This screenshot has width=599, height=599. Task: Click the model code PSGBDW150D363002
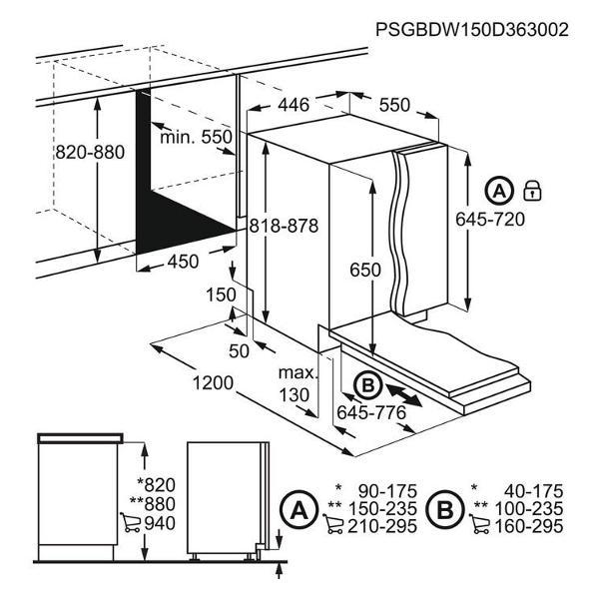[472, 29]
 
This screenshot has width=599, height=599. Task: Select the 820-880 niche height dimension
[90, 152]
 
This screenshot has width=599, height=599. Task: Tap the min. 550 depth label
[196, 137]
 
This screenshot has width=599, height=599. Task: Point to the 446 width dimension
[294, 105]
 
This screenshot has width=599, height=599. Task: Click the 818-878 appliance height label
[284, 226]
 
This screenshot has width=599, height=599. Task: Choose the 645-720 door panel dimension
[490, 220]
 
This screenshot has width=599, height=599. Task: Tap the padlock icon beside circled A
[532, 191]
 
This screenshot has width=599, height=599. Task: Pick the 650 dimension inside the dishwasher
[365, 270]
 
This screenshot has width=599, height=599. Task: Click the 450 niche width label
[184, 262]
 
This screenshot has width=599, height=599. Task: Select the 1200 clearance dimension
[213, 382]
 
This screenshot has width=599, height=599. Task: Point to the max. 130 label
[299, 383]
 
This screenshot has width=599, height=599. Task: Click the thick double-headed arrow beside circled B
[404, 395]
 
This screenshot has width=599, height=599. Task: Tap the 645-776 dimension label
[371, 412]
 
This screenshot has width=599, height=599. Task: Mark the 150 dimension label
[221, 295]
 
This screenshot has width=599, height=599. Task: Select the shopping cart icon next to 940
[130, 522]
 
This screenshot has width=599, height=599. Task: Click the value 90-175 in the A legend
[387, 491]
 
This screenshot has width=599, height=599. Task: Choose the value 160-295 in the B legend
[529, 526]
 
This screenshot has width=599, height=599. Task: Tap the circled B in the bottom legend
[445, 509]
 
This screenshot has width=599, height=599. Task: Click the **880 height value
[153, 503]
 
